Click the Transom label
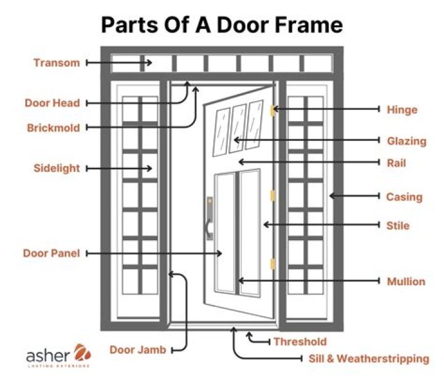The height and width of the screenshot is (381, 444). point(57,62)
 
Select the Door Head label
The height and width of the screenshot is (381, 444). point(52,103)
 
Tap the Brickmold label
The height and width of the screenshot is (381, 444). point(53,128)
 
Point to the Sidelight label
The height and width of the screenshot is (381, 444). point(57,168)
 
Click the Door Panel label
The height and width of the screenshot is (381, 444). point(51,253)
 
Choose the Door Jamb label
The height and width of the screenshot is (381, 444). point(138,350)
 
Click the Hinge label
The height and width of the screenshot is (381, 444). point(402,110)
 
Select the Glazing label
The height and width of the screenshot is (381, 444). point(406,141)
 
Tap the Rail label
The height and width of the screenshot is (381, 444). point(397,163)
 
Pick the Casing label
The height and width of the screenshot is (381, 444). point(404,197)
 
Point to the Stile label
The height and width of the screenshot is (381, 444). point(398,225)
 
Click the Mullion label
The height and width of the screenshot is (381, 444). point(406,282)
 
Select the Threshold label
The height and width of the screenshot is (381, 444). point(300,341)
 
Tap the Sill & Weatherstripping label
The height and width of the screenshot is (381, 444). point(369,359)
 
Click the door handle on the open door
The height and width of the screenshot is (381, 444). point(210,219)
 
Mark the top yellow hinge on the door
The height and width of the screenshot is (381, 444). point(273,111)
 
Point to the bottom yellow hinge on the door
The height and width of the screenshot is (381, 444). point(273,264)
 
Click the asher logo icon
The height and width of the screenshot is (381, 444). point(83,353)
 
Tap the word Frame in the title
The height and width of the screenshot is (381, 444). point(309,25)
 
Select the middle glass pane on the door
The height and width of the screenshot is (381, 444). point(237,128)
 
